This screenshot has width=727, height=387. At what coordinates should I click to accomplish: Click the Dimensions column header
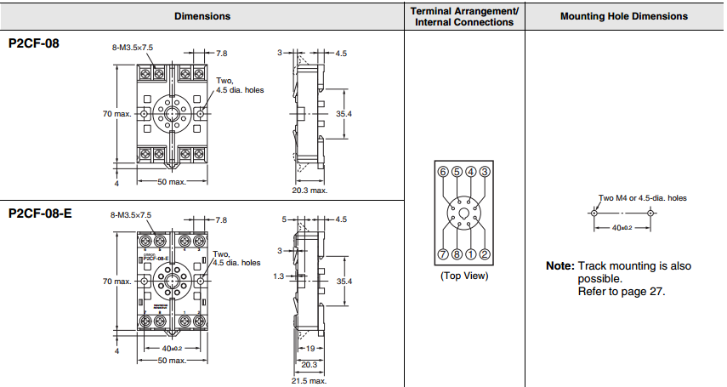tap(202, 16)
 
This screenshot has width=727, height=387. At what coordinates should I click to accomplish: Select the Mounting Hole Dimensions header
tap(624, 16)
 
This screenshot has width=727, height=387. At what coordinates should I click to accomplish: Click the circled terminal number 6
tap(442, 172)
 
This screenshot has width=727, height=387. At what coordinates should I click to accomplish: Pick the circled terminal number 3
tap(485, 172)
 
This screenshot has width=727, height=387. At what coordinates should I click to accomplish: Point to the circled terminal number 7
tap(442, 254)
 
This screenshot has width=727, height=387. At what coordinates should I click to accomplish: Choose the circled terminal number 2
tap(485, 254)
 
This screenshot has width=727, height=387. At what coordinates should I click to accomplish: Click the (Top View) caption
tap(463, 275)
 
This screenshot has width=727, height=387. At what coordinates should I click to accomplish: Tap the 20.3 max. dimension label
tap(310, 191)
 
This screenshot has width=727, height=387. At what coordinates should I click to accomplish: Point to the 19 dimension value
tap(310, 349)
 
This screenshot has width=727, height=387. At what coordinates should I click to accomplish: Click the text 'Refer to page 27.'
tap(622, 291)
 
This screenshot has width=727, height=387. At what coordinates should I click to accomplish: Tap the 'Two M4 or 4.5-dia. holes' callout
tap(643, 198)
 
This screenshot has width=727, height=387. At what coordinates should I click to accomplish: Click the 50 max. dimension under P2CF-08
tap(172, 182)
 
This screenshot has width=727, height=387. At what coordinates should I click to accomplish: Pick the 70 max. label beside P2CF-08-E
tap(117, 281)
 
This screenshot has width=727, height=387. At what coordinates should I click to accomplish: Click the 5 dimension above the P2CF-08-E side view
tap(284, 219)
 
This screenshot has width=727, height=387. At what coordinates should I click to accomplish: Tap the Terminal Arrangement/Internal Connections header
tap(464, 16)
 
